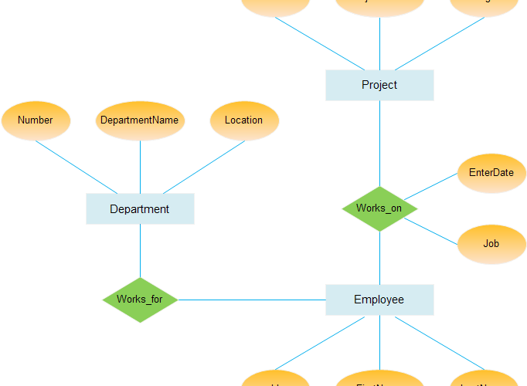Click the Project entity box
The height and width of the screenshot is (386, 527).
click(379, 85)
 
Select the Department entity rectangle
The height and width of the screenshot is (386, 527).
click(140, 208)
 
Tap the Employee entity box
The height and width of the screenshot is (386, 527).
click(379, 300)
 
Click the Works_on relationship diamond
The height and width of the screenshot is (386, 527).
click(379, 208)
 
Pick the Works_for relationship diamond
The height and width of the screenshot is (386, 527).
click(140, 300)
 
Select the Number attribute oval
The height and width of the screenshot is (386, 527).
click(36, 120)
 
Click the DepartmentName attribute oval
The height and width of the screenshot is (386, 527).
click(140, 120)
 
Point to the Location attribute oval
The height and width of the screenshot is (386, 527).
click(244, 120)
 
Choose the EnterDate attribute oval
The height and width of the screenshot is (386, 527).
click(491, 172)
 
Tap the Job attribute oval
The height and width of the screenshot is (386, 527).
click(491, 244)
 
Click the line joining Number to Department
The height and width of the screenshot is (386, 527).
click(76, 167)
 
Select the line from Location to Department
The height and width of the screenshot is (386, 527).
click(204, 167)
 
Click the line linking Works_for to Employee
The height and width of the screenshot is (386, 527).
click(251, 300)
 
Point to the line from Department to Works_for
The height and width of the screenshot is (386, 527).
click(140, 250)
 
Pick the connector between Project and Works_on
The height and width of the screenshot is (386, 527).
click(379, 143)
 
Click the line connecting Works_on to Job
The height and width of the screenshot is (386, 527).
click(430, 231)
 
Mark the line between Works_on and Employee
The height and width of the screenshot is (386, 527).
click(379, 258)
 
